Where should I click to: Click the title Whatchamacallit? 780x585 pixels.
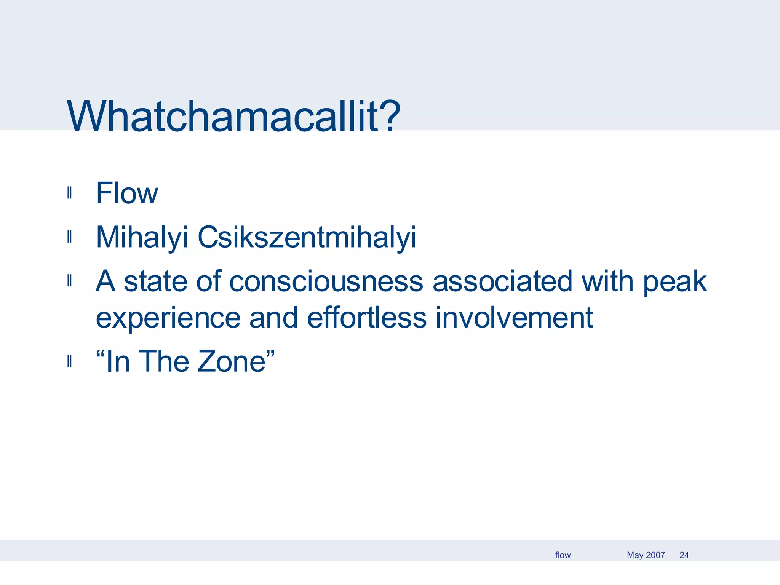pos(233,116)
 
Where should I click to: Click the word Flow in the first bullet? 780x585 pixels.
pos(127,193)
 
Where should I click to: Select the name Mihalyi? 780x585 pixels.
pos(142,237)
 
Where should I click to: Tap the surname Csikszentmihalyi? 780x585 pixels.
pos(307,237)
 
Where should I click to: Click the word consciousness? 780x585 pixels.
pos(326,281)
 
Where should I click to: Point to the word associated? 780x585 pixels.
pos(502,281)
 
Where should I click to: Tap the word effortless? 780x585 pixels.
pos(366,318)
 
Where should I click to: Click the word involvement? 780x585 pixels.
pos(514,318)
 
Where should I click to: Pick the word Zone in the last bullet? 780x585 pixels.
pos(232,361)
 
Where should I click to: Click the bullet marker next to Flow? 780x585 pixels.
pos(69,193)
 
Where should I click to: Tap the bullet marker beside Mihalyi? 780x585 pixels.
pos(69,237)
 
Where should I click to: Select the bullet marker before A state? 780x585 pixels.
pos(69,281)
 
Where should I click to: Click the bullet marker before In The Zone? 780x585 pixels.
pos(69,361)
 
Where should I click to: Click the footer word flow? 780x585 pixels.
pos(563,555)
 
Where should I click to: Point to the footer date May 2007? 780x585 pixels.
pos(646,555)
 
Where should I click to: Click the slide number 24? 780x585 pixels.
pos(684,555)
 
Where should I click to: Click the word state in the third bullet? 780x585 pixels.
pos(155,281)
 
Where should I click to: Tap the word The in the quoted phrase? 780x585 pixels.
pos(164,361)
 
